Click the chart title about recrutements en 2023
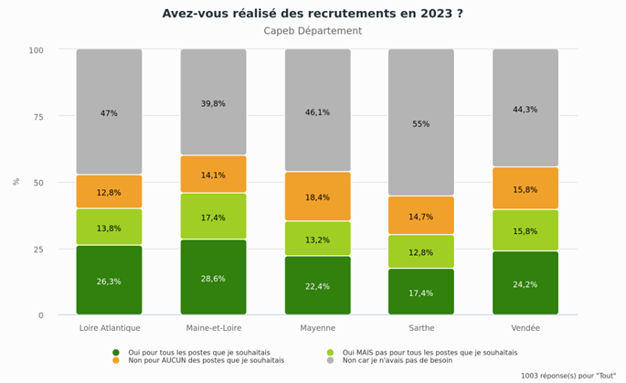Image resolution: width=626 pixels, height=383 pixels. tap(313, 14)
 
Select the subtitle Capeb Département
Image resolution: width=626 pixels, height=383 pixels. tap(313, 31)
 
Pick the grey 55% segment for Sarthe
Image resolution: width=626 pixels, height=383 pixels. tap(421, 122)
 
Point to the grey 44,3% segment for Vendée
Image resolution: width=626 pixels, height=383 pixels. tap(525, 108)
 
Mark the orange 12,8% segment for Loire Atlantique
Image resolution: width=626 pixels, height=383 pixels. tap(109, 192)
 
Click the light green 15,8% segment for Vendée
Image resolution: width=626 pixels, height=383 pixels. tap(525, 230)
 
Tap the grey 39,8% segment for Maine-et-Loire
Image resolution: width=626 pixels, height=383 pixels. tap(213, 102)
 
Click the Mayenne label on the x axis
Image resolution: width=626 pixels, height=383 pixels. tap(317, 328)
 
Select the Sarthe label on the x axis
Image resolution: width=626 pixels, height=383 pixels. tap(421, 328)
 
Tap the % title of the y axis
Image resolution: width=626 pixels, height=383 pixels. tap(16, 182)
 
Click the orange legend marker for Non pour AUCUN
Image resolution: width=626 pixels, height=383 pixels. tap(116, 360)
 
